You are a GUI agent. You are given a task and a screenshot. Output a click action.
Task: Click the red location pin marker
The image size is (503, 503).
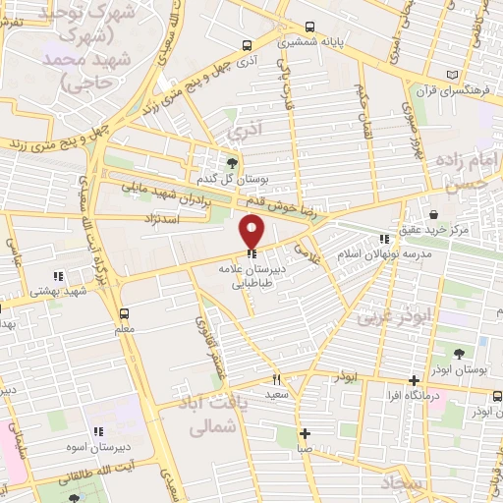pos(252,230)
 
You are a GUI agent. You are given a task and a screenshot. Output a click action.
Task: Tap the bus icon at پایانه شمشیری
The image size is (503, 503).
pos(310,28)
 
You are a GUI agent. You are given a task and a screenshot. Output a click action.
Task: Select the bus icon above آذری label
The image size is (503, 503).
pos(247,44)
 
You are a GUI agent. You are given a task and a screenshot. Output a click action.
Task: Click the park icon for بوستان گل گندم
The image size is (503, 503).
pos(232,163)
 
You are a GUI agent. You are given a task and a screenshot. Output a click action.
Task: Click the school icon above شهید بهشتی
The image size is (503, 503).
pos(57,276)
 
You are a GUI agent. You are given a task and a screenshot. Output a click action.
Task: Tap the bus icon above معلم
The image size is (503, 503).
pos(124,313)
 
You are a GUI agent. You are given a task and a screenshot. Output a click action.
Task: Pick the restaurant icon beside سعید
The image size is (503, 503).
pos(278,378)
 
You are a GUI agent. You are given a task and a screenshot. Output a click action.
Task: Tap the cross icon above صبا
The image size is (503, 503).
pos(306,433)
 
